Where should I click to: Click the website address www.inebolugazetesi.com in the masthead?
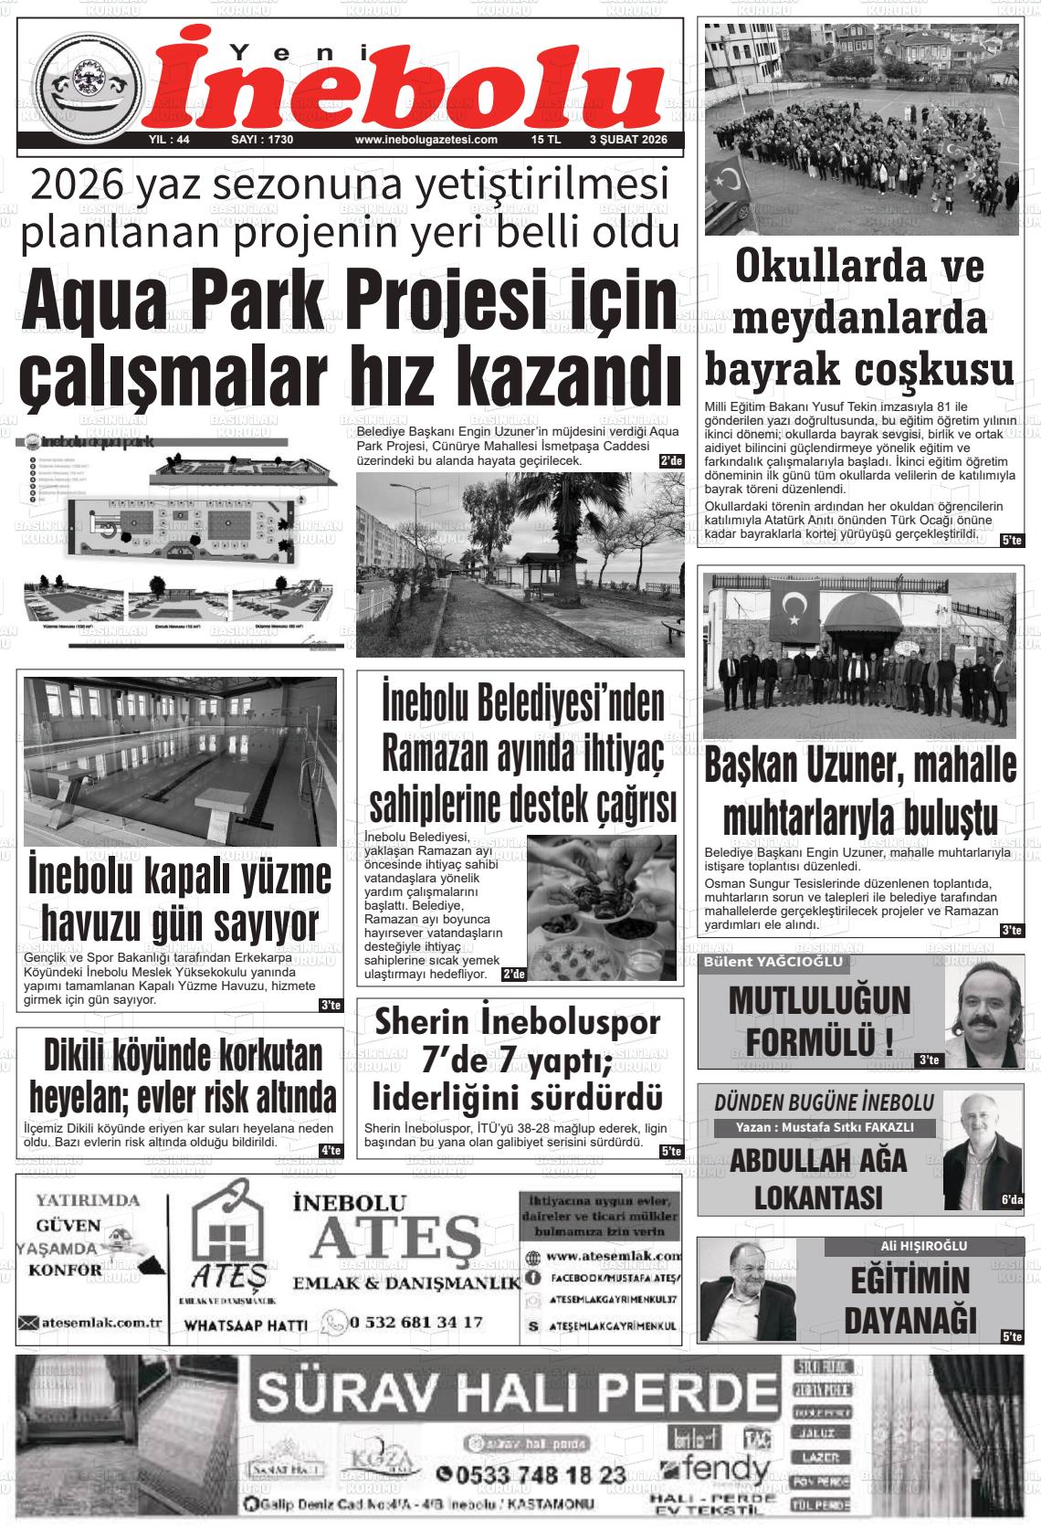click(x=426, y=140)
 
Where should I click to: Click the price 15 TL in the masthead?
click(x=545, y=140)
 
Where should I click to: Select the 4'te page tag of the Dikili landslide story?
click(x=330, y=1150)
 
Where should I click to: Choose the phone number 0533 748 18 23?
click(x=531, y=1475)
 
